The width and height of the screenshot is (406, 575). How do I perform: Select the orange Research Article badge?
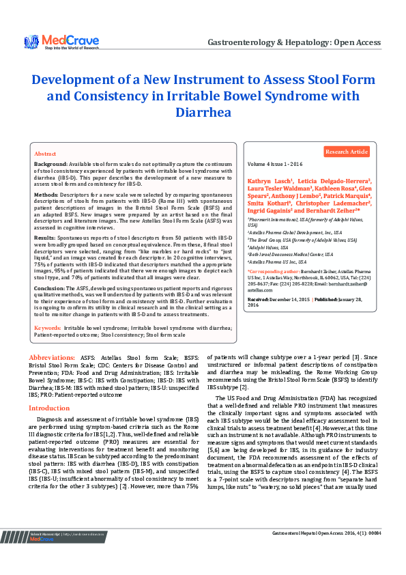[346, 152]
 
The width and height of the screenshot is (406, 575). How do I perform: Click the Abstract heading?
[45, 154]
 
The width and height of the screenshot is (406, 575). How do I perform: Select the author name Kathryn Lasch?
[271, 179]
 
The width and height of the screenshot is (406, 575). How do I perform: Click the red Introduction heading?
[48, 408]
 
